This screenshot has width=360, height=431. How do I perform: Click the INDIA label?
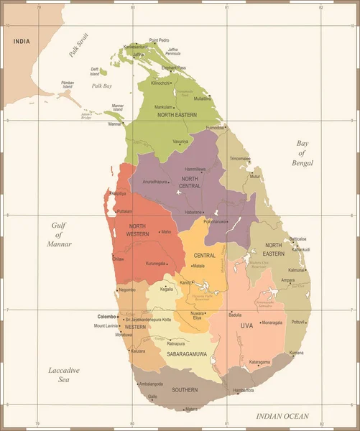tap(22, 41)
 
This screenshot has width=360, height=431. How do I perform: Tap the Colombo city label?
tap(106, 316)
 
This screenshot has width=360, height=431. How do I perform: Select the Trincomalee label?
tap(240, 158)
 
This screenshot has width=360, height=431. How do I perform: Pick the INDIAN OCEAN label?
tap(282, 416)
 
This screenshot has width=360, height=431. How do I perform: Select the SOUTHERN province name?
tap(185, 390)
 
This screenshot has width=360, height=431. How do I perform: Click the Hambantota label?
tap(244, 390)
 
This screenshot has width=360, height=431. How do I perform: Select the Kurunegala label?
tap(160, 264)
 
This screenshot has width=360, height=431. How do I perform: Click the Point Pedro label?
tap(159, 40)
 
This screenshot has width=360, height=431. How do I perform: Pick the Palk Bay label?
tap(102, 85)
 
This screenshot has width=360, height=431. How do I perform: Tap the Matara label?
tap(191, 409)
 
